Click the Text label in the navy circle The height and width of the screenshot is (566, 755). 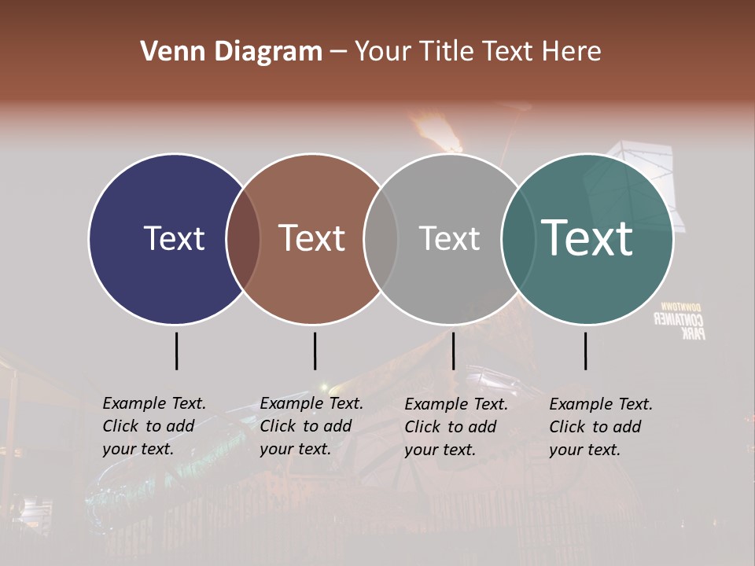point(174,238)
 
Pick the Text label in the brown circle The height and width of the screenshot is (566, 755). point(312,238)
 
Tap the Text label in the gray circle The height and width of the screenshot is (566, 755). point(449,238)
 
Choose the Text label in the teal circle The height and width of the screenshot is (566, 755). point(587,238)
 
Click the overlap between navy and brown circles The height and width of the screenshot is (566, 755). point(243,239)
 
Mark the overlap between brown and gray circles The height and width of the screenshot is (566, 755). point(381,239)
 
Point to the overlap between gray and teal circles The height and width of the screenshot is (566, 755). point(517,239)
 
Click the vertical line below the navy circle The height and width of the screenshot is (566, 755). point(176,351)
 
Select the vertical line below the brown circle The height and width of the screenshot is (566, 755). point(315,351)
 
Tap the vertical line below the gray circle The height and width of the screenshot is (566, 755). point(453,351)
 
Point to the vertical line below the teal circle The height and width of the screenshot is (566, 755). point(585,351)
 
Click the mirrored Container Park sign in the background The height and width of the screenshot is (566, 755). point(680,320)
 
